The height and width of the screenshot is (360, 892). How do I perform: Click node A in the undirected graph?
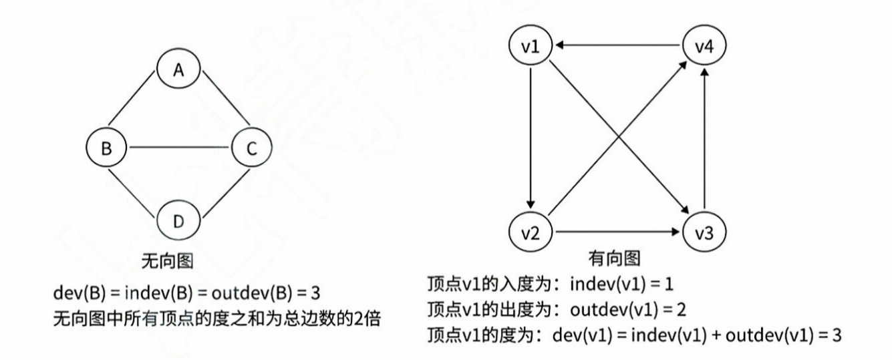coord(178,70)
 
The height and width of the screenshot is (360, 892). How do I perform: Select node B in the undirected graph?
coord(107,148)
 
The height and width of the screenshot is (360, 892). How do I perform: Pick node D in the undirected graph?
coord(178,221)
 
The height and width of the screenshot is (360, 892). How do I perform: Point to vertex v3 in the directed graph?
coord(704,234)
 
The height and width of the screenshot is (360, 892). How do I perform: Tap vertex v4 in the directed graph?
coord(704,46)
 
